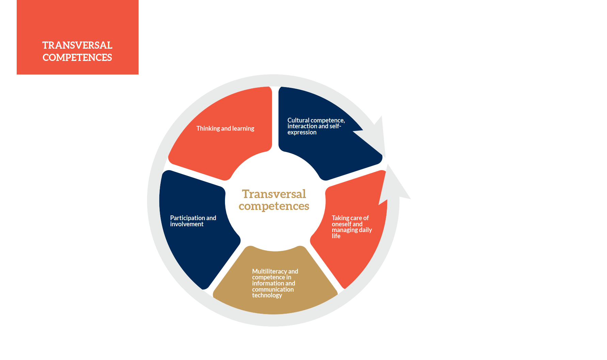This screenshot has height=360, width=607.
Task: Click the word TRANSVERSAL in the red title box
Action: pyautogui.click(x=77, y=45)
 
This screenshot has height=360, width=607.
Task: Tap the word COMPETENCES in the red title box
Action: pyautogui.click(x=77, y=58)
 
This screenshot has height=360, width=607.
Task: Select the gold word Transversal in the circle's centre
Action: pyautogui.click(x=274, y=194)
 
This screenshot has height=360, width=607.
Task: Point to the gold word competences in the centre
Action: pyautogui.click(x=274, y=206)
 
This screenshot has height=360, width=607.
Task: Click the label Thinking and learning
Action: pyautogui.click(x=225, y=129)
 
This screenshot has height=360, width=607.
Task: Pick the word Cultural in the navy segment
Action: pyautogui.click(x=299, y=120)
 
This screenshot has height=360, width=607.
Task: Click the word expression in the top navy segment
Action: pyautogui.click(x=302, y=132)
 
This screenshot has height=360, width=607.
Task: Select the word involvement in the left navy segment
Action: pyautogui.click(x=187, y=224)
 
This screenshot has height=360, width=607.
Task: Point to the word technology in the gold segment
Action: pyautogui.click(x=267, y=295)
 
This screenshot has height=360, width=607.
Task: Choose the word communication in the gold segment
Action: pyautogui.click(x=273, y=290)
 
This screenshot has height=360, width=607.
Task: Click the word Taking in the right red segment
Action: pyautogui.click(x=340, y=218)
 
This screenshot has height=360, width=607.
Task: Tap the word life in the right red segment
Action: pyautogui.click(x=336, y=236)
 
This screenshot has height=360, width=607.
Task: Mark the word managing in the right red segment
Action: pyautogui.click(x=345, y=230)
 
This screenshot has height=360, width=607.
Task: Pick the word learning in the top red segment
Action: pyautogui.click(x=243, y=129)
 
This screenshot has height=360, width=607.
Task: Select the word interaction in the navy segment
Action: pyautogui.click(x=302, y=126)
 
